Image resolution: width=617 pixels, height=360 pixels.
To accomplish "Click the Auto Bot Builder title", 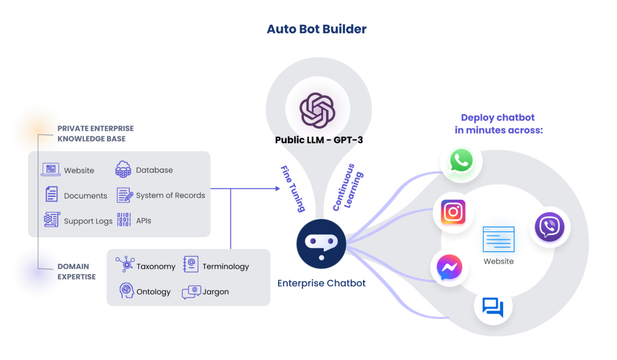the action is (317, 29).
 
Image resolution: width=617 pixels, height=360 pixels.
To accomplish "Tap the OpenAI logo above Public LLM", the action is (317, 110).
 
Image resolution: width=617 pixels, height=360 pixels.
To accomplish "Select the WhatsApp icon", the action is (461, 161).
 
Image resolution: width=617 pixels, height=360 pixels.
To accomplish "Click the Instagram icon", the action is (453, 212).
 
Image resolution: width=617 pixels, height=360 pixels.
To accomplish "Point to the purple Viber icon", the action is (550, 227).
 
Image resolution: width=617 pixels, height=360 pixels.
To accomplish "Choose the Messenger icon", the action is (449, 267).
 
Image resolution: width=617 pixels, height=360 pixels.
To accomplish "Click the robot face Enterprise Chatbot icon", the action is (321, 244).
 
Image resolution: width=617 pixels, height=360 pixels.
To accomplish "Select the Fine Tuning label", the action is (293, 189).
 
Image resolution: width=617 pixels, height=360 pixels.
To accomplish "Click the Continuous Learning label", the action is (348, 188).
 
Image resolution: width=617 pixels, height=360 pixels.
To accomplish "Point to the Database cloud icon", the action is (123, 170).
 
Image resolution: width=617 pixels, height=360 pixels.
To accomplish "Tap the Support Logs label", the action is (88, 221).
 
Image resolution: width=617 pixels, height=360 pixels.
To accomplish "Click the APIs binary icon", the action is (124, 219).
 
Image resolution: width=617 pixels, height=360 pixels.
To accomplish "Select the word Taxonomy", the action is (156, 267).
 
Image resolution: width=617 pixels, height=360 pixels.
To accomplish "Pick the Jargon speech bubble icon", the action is (192, 292).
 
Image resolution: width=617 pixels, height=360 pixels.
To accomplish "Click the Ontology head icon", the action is (126, 290).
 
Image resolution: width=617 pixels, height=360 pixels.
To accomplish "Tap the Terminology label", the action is (226, 267).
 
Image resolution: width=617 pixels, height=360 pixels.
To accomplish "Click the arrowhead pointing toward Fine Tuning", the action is (278, 189).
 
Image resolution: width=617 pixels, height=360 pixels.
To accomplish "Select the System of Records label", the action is (170, 195).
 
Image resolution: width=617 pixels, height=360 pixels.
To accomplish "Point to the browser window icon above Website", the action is (498, 239).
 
